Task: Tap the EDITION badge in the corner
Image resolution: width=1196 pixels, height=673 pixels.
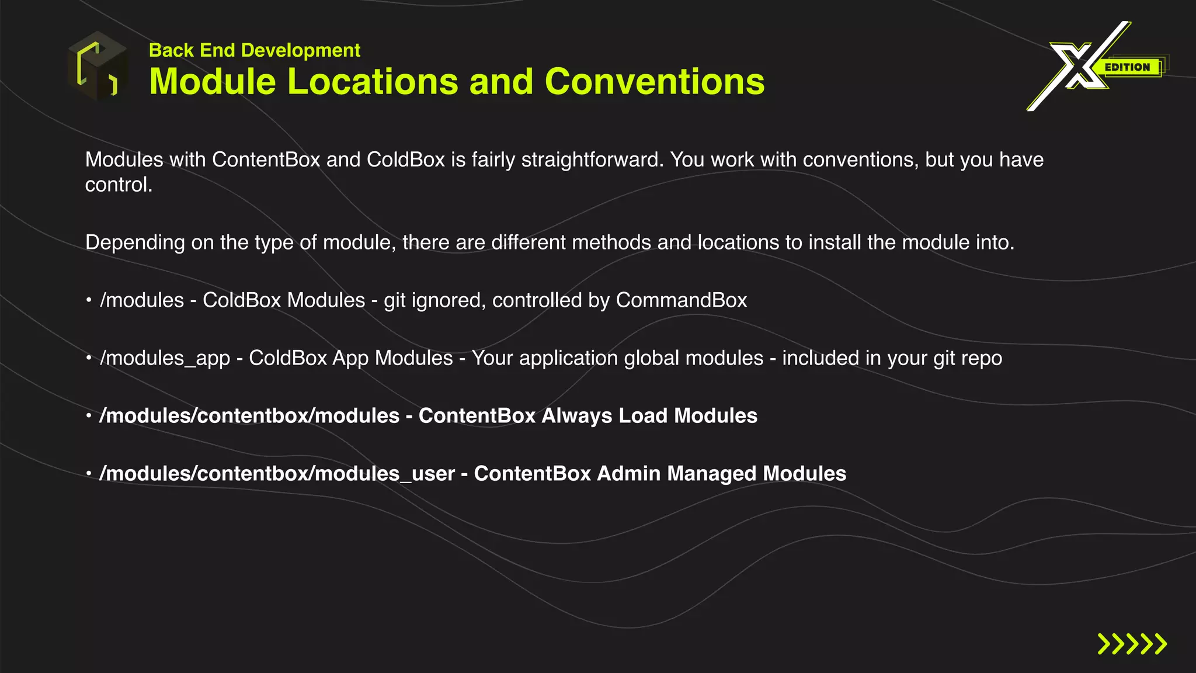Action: pos(1127,67)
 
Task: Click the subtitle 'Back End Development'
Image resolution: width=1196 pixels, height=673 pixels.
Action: pos(255,50)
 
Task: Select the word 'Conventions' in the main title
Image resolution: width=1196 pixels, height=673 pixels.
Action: pos(655,81)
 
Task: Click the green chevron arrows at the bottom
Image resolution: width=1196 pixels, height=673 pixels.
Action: pos(1132,644)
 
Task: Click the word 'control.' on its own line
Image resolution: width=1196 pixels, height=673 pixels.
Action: pos(119,185)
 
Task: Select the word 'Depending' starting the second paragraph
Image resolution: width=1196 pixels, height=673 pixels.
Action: pos(135,242)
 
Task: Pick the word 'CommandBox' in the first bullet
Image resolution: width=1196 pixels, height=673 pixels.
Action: pos(682,300)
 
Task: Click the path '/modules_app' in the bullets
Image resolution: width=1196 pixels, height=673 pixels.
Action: pos(165,358)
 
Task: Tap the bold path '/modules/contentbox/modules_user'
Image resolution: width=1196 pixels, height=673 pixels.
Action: pos(277,474)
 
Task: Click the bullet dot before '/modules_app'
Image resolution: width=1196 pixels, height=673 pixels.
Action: pos(89,358)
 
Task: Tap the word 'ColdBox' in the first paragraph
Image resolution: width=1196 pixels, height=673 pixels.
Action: pos(406,159)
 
